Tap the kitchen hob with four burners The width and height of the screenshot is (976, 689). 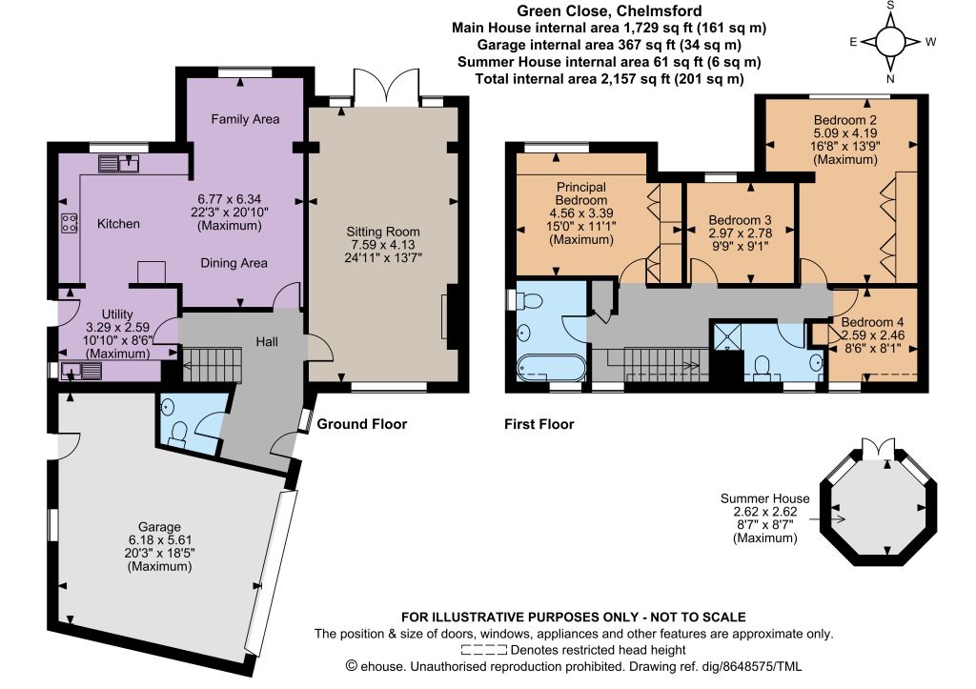tap(69, 223)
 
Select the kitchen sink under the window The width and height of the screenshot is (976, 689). tap(119, 164)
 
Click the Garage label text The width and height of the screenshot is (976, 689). tap(159, 527)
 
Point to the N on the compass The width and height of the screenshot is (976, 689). tap(890, 78)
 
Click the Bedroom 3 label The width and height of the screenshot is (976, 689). tap(740, 220)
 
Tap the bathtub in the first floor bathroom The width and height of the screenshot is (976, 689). tap(551, 368)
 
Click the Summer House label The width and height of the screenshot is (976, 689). tap(765, 498)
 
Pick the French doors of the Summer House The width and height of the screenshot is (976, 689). tap(878, 448)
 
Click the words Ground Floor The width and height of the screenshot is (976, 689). tap(361, 424)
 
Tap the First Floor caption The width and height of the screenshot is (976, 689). tap(539, 424)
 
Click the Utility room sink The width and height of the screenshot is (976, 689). tap(82, 371)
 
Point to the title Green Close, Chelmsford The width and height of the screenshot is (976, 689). tap(609, 10)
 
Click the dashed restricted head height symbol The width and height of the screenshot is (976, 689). tap(483, 651)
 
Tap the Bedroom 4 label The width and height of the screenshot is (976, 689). tap(872, 322)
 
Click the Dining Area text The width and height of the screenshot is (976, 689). tap(234, 263)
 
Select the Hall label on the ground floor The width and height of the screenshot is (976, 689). tap(267, 342)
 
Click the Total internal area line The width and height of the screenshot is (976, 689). tap(609, 79)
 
